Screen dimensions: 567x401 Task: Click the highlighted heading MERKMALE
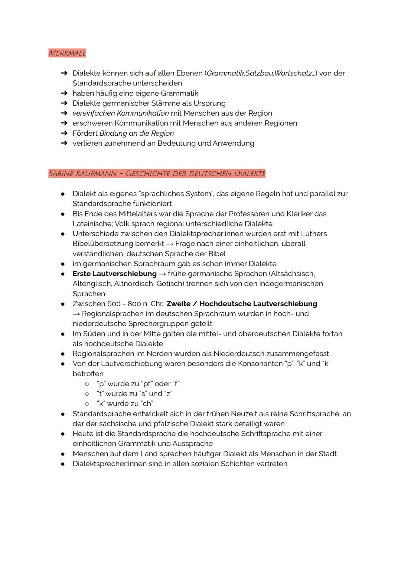[67, 53]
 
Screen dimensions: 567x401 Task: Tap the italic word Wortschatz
[293, 73]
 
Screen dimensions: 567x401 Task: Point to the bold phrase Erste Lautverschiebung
[114, 274]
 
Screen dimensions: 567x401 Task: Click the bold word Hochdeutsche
[226, 304]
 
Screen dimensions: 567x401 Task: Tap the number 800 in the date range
[134, 304]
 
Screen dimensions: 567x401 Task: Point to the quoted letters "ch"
[147, 404]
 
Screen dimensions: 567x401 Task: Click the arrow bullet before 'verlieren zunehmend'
[64, 144]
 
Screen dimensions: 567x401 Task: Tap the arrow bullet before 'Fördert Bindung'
[64, 133]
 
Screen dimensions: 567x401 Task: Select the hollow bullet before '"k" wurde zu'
[87, 404]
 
